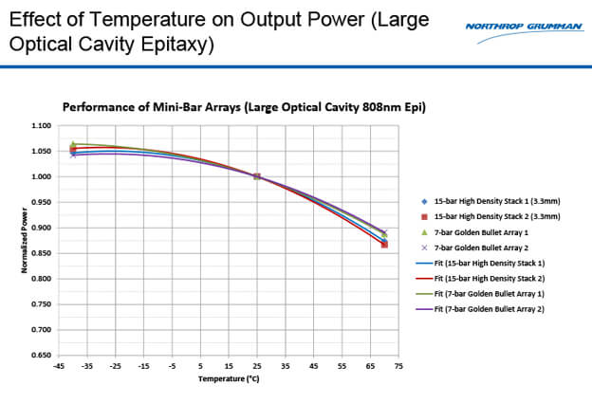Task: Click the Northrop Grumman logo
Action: (524, 26)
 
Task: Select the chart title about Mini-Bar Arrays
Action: (244, 107)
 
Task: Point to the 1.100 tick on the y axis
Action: (40, 126)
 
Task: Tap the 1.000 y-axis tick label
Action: (40, 177)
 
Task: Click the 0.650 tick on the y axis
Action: (40, 356)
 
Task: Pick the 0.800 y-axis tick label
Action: (40, 279)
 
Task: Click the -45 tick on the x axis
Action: (58, 366)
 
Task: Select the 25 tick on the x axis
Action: (256, 366)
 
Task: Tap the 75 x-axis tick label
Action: (398, 366)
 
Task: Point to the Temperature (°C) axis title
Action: (229, 378)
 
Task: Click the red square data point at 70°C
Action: (384, 245)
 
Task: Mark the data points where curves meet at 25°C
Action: (256, 176)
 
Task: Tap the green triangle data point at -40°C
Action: (73, 144)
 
